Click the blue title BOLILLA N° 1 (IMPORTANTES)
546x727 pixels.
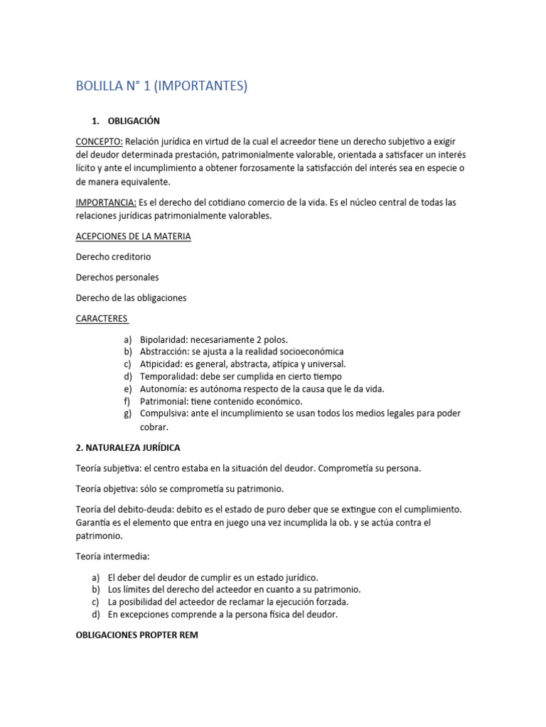pos(161,87)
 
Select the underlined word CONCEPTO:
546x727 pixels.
pos(99,141)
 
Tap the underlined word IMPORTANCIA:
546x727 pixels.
pos(106,202)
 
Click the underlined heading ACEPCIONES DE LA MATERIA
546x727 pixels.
pos(133,236)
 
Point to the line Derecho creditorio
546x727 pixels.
pos(113,256)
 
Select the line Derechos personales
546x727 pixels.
pos(117,277)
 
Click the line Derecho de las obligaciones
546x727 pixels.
pos(131,297)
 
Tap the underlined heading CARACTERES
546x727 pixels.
pos(102,318)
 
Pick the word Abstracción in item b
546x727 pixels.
pos(164,351)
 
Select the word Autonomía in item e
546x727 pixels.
pos(164,389)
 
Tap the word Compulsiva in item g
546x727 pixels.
pos(166,414)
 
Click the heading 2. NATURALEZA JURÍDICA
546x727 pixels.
pos(128,448)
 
